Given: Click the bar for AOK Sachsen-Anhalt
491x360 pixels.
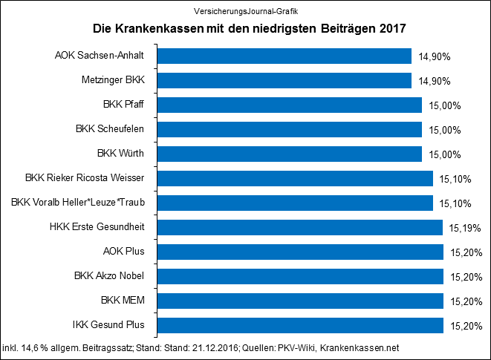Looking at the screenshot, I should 284,56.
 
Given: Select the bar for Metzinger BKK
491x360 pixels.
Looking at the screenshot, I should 284,81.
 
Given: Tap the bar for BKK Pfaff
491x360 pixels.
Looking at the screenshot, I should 289,105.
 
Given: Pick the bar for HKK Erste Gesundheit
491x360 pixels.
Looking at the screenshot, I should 300,227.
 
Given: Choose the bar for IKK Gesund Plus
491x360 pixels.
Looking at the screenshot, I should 300,325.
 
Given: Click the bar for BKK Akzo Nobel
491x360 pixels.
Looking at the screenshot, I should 300,276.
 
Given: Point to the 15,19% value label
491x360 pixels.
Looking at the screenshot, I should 466,228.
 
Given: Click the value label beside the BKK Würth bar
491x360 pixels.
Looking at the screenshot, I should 445,154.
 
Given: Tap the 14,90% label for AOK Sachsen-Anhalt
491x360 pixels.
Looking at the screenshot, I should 435,56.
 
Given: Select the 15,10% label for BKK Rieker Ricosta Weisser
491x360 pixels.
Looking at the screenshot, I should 455,179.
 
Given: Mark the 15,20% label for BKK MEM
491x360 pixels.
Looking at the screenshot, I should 466,301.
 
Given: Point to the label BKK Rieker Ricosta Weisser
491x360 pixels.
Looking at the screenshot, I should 90,178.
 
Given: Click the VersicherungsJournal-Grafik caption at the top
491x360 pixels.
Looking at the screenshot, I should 245,11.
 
